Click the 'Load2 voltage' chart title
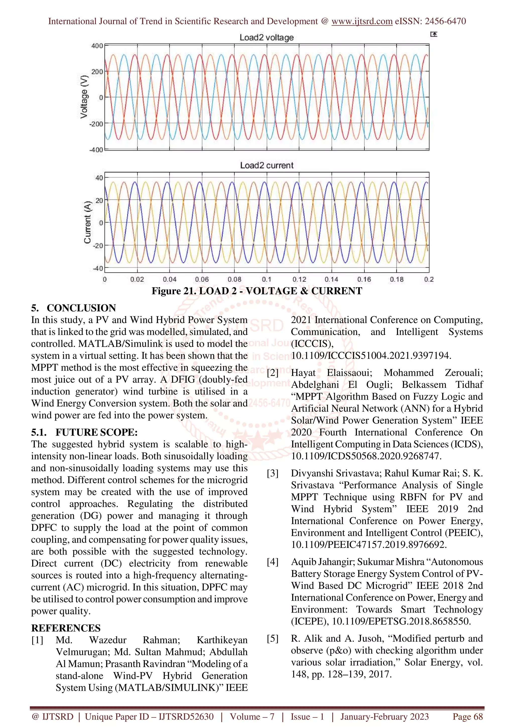click(266, 38)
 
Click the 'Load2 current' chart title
click(266, 165)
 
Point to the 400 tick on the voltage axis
click(97, 46)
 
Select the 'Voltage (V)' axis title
click(84, 97)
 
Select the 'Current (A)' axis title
click(87, 222)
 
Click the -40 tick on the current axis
click(98, 268)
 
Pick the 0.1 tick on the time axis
click(266, 279)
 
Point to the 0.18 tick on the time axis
click(397, 279)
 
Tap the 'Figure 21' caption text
click(256, 291)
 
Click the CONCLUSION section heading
click(81, 308)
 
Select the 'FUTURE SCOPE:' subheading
click(97, 432)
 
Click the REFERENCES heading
click(66, 628)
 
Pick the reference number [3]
click(272, 473)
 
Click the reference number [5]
click(272, 638)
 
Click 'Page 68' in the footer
click(468, 716)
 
